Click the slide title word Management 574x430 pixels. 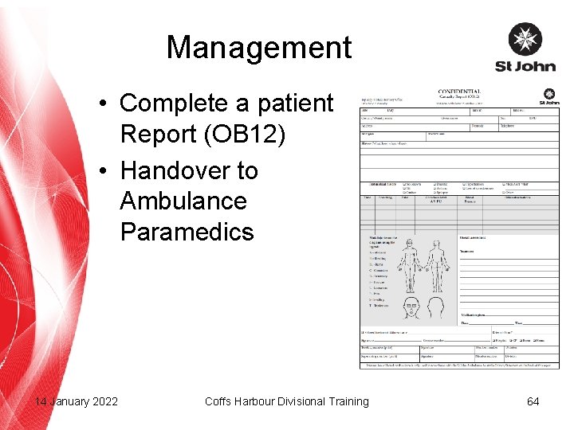[258, 48]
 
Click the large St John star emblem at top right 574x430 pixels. [525, 40]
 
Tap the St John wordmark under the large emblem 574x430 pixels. [525, 67]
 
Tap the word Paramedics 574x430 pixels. [187, 232]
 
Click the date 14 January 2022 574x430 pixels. [77, 401]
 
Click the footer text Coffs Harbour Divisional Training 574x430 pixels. [287, 401]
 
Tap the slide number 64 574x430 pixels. [533, 401]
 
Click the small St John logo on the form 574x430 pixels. [548, 97]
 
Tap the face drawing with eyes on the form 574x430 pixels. [412, 307]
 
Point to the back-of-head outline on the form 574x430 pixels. [436, 307]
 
